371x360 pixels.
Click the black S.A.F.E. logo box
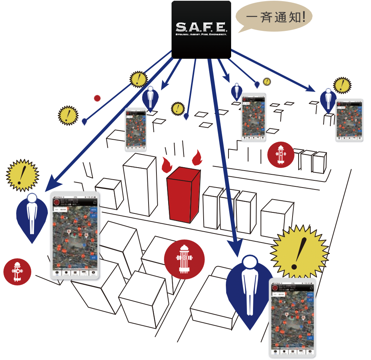(201, 29)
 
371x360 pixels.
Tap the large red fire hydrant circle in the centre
(184, 259)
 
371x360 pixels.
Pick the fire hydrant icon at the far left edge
(17, 271)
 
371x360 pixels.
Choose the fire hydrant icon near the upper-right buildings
(281, 154)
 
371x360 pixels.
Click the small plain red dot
(97, 98)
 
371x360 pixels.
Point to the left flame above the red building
(166, 164)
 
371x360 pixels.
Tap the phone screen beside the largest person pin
(292, 318)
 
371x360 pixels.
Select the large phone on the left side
(75, 236)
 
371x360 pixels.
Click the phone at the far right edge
(349, 121)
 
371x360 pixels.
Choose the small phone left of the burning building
(136, 130)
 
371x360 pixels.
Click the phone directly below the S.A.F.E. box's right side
(253, 117)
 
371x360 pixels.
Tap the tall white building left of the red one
(140, 184)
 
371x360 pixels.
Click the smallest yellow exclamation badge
(267, 81)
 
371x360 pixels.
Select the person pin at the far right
(328, 100)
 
